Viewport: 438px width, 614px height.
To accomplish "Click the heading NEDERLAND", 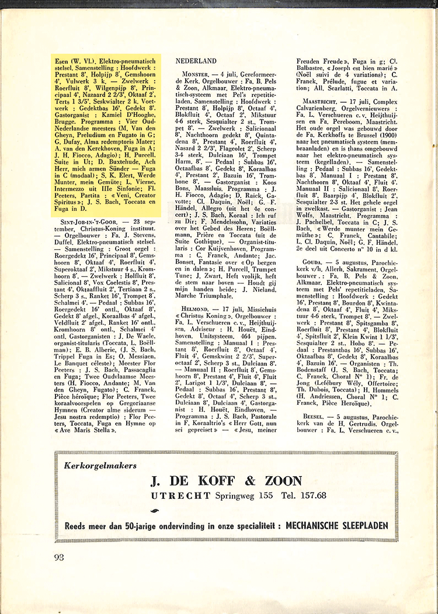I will point(196,61).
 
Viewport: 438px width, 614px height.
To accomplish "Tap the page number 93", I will point(58,556).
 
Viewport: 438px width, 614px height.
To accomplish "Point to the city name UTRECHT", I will point(180,496).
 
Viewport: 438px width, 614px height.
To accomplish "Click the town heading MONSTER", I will point(192,75).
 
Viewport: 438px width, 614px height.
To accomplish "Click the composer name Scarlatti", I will point(351,88).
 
